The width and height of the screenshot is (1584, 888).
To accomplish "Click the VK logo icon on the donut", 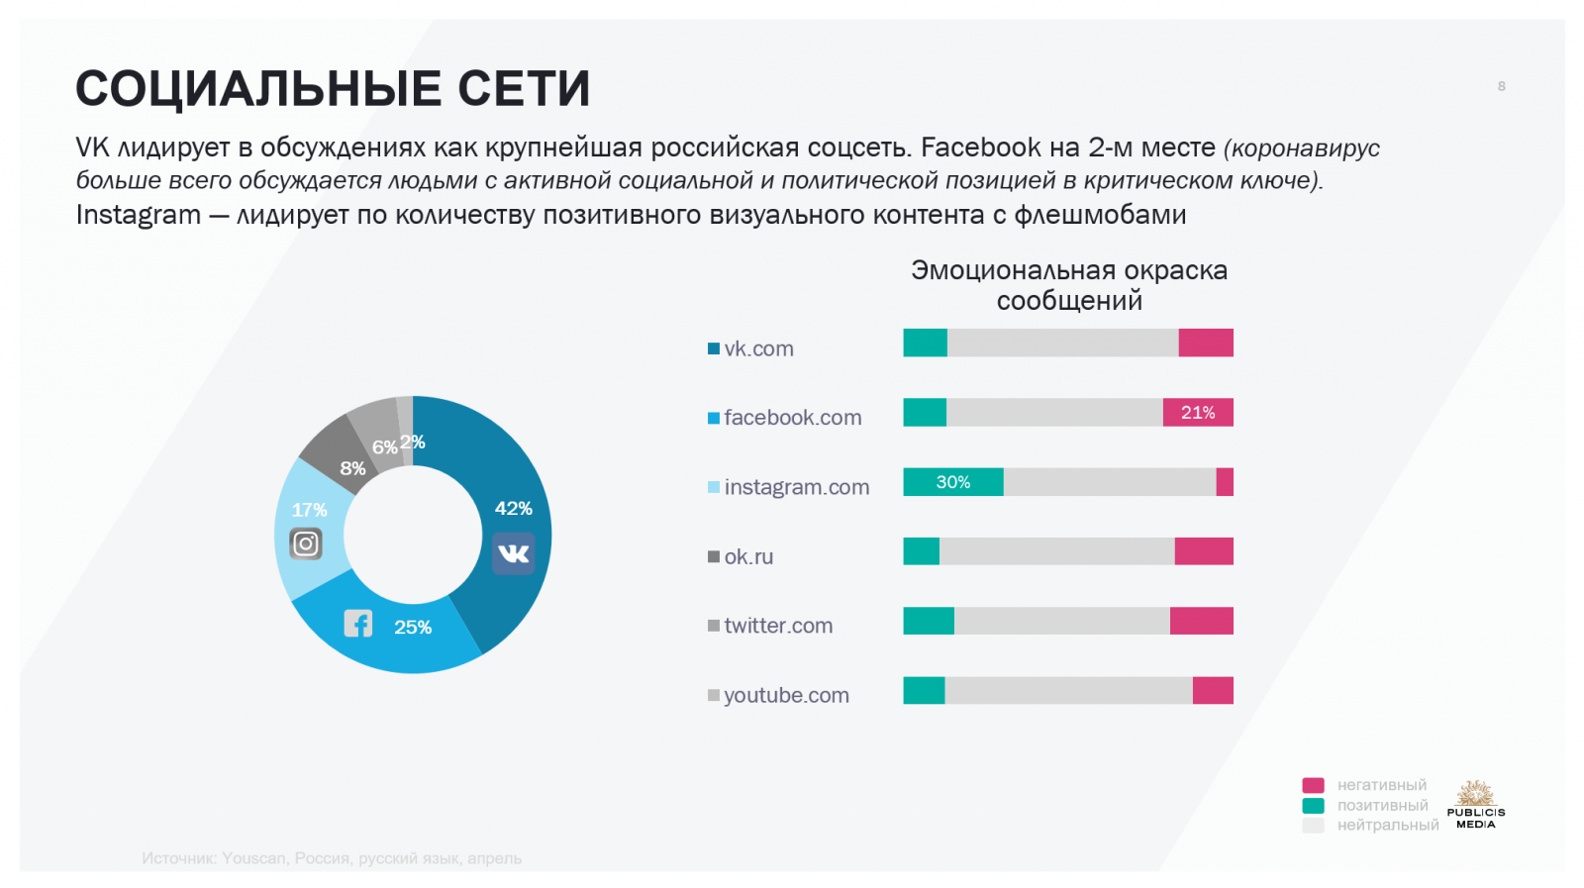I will coord(513,553).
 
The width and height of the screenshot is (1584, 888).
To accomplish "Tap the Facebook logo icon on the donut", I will coord(357,624).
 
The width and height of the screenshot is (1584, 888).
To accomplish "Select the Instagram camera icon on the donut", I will coord(306,543).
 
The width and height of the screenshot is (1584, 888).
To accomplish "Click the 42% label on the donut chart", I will coord(513,508).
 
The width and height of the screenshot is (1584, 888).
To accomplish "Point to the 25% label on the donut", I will coord(413,627).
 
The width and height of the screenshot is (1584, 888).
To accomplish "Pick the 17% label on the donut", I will coord(309,510).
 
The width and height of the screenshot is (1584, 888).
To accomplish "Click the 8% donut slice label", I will coord(352,468).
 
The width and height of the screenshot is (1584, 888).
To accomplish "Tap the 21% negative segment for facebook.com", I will coord(1198,413).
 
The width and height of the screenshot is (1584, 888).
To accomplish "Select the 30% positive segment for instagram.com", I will coord(952,482).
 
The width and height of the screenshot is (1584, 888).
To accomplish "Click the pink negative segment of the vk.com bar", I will coord(1206,343).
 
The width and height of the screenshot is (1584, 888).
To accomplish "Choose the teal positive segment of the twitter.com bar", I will coord(929,621).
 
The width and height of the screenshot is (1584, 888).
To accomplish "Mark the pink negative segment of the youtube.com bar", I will coord(1213,691).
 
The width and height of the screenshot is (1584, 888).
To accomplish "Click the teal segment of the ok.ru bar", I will coord(921,551).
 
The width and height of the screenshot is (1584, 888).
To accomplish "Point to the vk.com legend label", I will coord(758,348).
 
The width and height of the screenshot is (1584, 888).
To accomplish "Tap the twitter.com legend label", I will coord(778,626).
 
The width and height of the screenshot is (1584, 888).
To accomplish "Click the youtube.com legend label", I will coord(786,695).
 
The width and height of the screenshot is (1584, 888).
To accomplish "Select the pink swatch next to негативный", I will coord(1313,785).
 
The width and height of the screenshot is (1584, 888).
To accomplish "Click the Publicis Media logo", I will coord(1475,804).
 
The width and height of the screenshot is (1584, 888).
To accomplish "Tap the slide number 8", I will coord(1502,86).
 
